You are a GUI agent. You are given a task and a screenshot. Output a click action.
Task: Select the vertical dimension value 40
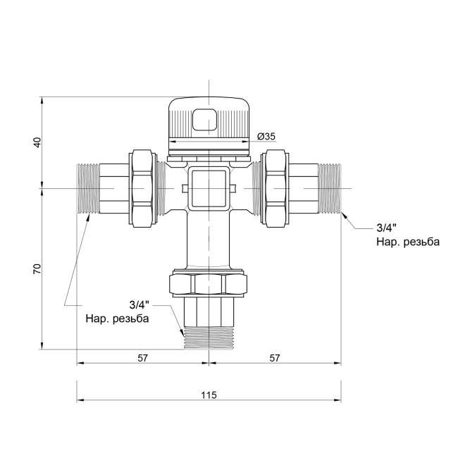[x=37, y=141]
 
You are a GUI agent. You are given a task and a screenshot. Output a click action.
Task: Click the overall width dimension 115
[x=209, y=394]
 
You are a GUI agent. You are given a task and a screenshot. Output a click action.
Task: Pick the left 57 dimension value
[x=142, y=358]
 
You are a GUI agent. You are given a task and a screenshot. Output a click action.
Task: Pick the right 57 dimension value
[x=275, y=358]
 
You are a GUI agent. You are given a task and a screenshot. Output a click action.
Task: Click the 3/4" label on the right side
[x=387, y=228]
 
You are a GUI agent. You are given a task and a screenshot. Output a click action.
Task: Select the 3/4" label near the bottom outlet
[x=141, y=305]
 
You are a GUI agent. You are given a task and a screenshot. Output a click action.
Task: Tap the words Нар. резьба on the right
[x=409, y=242]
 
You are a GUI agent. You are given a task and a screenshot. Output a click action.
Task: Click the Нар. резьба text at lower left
[x=117, y=318]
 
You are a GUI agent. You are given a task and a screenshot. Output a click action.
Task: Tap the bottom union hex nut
[x=209, y=285]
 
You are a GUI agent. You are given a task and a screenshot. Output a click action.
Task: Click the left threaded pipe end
[x=87, y=187]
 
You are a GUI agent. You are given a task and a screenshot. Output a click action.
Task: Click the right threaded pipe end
[x=330, y=187]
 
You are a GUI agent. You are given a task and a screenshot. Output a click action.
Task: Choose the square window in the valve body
[x=209, y=187]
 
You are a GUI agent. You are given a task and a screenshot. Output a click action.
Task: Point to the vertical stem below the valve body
[x=209, y=240]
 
